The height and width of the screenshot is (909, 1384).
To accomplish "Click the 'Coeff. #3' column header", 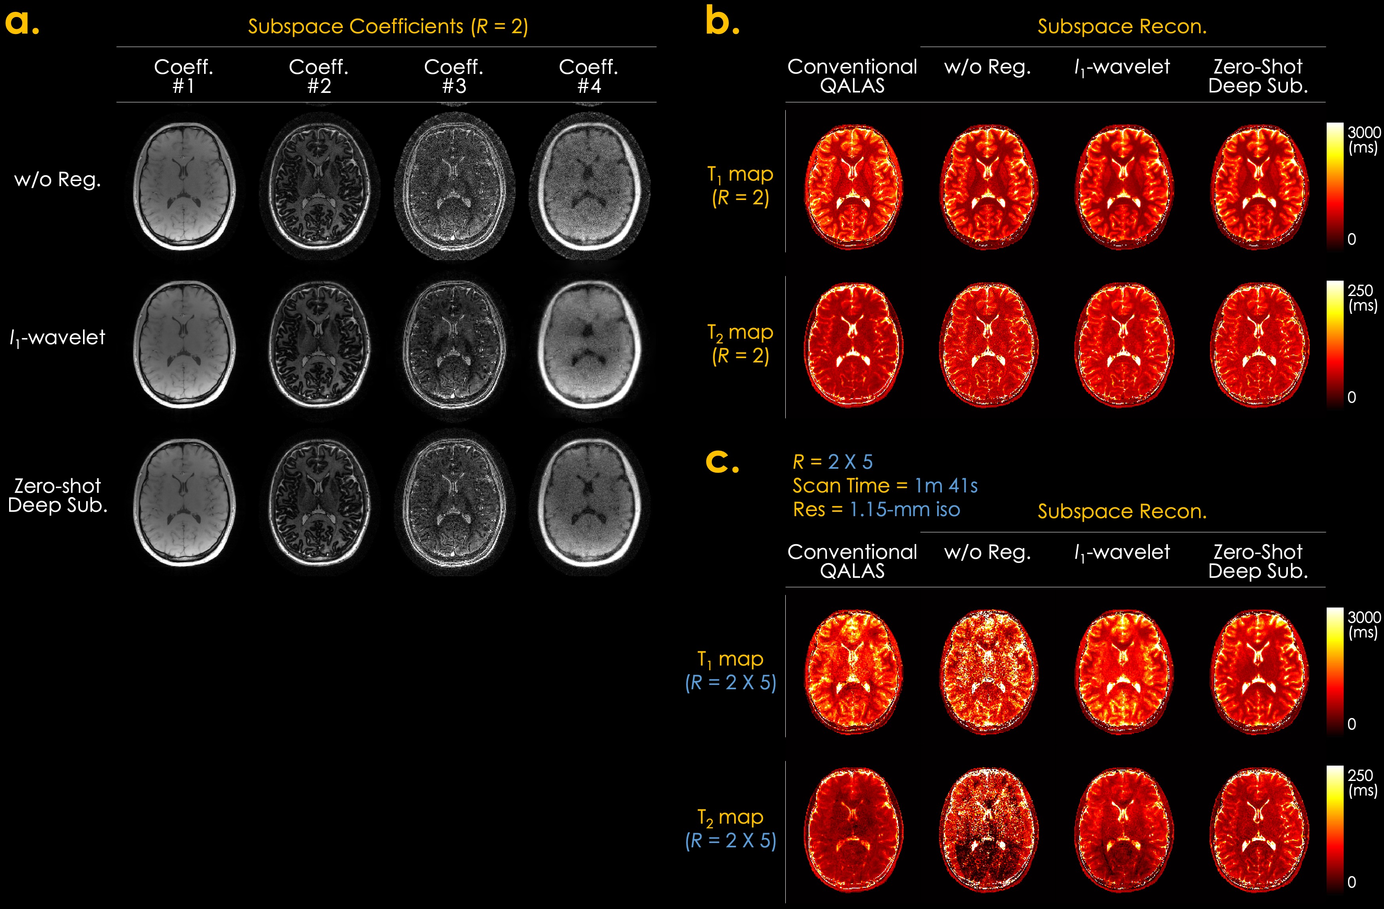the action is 454,76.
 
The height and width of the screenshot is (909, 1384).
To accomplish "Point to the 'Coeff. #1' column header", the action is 184,76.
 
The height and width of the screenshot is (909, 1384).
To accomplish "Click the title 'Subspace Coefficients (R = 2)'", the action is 388,27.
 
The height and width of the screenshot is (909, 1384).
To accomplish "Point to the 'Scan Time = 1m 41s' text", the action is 885,486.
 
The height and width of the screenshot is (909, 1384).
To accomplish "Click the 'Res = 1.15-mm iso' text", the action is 876,510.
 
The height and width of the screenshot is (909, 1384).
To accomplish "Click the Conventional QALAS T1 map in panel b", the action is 853,188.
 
